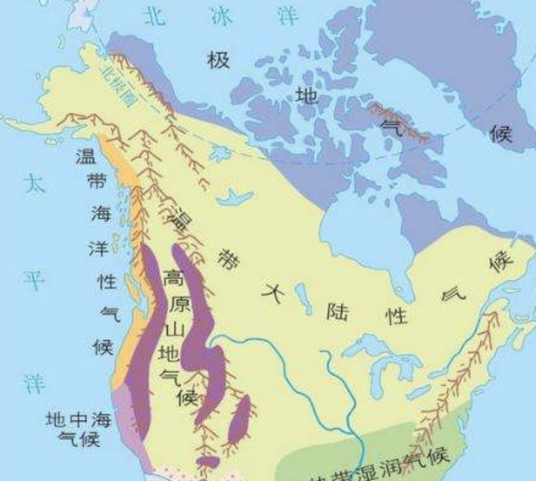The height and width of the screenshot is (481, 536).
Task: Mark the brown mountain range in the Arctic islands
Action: [x=399, y=122]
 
